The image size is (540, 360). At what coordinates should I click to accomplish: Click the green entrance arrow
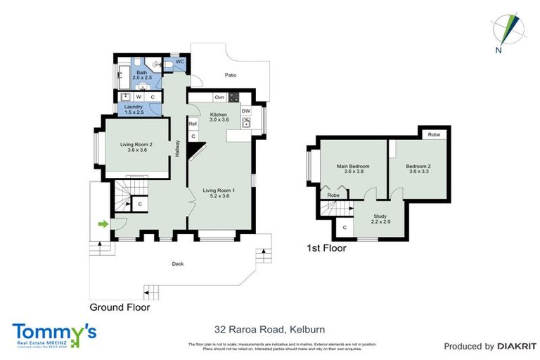103,224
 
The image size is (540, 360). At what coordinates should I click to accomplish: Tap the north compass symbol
508,32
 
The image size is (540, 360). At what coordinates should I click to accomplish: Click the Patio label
230,74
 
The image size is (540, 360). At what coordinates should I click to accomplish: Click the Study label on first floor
380,218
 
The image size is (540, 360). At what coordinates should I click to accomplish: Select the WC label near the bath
179,62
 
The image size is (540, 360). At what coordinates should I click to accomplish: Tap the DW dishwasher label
246,110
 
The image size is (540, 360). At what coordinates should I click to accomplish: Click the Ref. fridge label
193,124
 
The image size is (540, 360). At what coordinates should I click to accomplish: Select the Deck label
177,264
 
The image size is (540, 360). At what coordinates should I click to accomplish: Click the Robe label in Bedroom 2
434,134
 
